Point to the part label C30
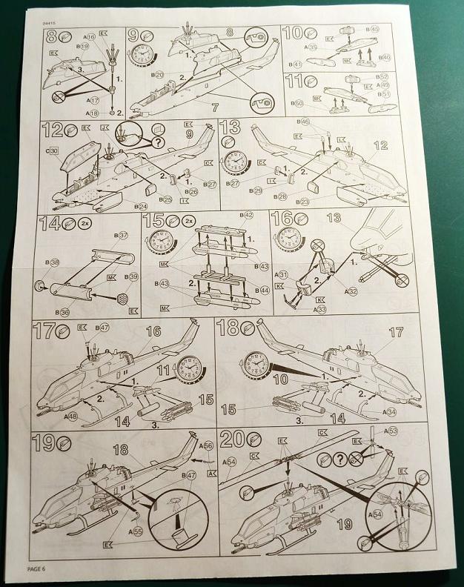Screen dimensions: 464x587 [x=52, y=150]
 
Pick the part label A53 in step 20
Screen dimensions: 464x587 [x=391, y=431]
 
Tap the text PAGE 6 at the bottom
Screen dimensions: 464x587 [x=38, y=568]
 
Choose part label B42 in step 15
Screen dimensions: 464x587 [x=248, y=215]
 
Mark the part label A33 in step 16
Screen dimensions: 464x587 [x=319, y=309]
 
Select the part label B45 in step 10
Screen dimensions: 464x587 [x=374, y=30]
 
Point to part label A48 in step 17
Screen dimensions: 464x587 [x=70, y=416]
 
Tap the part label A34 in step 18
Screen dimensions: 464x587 [x=391, y=411]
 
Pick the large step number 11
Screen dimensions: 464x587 [x=294, y=81]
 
